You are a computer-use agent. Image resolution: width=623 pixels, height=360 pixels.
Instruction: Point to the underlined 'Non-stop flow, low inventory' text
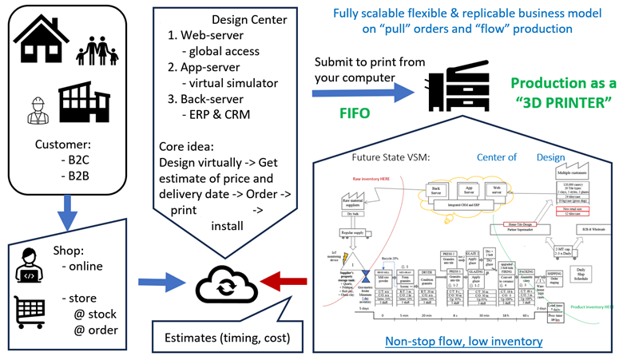[x=452, y=342]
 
